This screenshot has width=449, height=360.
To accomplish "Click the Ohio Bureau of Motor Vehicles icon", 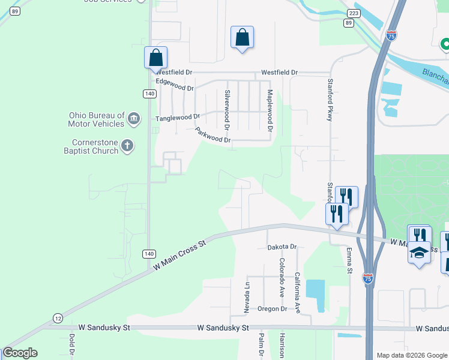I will tap(133, 119).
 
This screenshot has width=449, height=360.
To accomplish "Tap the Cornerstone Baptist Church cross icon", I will tap(127, 146).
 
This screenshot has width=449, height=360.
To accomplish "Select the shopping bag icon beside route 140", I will tap(155, 58).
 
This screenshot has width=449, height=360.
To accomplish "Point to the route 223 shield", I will tap(354, 13).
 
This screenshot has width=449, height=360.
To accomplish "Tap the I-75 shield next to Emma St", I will tap(367, 278).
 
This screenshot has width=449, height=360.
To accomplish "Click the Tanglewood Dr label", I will tap(177, 118).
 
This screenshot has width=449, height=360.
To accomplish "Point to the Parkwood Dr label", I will tap(212, 135).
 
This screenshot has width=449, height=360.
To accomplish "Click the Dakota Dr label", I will tap(282, 247).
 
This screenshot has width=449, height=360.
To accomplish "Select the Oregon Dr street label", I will tap(273, 309).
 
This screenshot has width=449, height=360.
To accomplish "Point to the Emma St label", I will tap(349, 262).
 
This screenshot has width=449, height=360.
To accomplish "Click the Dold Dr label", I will tap(71, 347).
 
